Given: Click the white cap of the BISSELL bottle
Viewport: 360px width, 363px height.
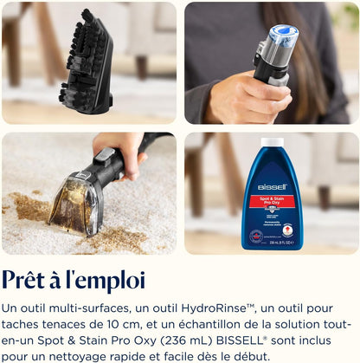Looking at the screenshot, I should (x=273, y=142).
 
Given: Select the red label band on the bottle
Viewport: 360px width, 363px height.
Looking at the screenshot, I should (x=273, y=201).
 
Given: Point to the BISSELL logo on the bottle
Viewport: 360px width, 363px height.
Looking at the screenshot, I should (x=273, y=185).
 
